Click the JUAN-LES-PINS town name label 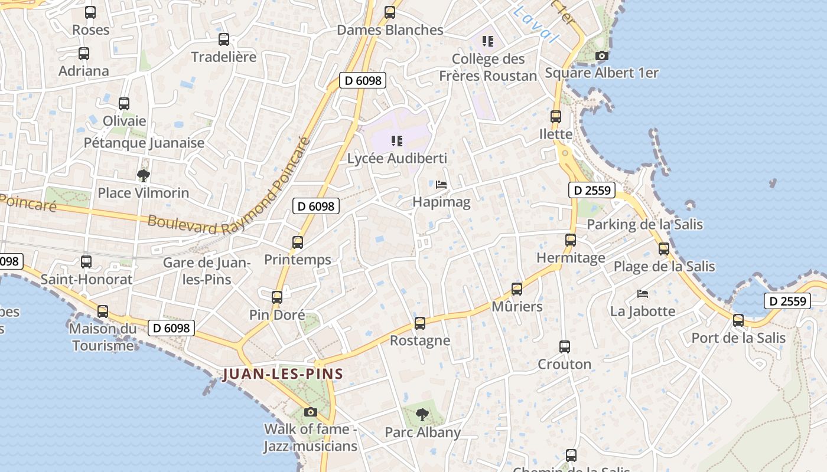(x=282, y=374)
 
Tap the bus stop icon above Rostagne (x=420, y=323)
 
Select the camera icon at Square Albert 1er (x=602, y=56)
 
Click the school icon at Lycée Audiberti (x=397, y=141)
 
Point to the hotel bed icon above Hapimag (x=441, y=185)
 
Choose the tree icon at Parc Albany (x=422, y=415)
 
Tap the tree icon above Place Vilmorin (x=143, y=175)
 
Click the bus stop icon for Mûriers (x=517, y=289)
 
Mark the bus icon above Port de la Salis (x=738, y=320)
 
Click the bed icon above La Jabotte (x=643, y=294)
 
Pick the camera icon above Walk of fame (x=311, y=412)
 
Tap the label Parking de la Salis (x=644, y=224)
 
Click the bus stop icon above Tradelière (x=224, y=40)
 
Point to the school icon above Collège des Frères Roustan (x=488, y=41)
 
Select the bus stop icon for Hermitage (x=571, y=240)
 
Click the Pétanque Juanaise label (x=144, y=143)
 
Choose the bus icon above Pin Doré (x=277, y=297)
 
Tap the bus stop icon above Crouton (x=565, y=347)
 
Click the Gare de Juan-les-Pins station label (x=207, y=270)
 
